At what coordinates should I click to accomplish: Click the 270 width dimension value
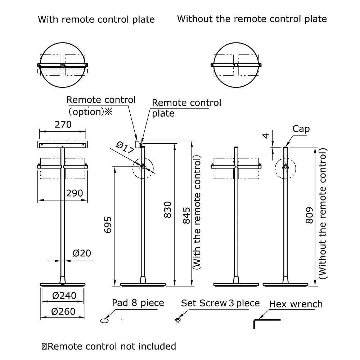point(63,125)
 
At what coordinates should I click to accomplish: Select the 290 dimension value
point(75,193)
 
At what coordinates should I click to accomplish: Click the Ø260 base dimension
point(64,311)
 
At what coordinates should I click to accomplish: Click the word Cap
point(301,129)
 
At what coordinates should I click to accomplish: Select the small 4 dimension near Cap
point(266,136)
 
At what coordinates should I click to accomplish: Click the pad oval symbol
point(105,319)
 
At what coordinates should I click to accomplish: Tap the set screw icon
point(177,320)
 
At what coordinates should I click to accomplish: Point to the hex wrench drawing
point(266,321)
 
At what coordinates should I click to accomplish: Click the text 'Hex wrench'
point(296,304)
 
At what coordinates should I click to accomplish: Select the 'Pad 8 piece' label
point(138,303)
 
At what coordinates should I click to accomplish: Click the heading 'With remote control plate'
point(96,19)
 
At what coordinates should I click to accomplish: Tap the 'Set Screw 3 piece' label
point(220,303)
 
